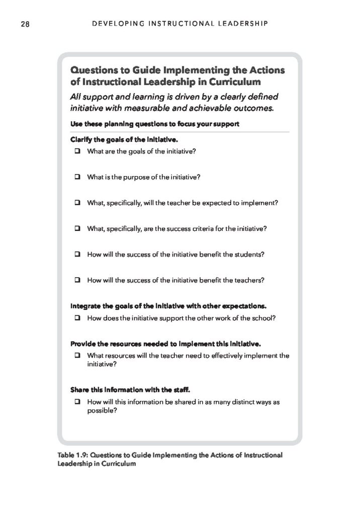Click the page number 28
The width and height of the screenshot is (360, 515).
point(25,24)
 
